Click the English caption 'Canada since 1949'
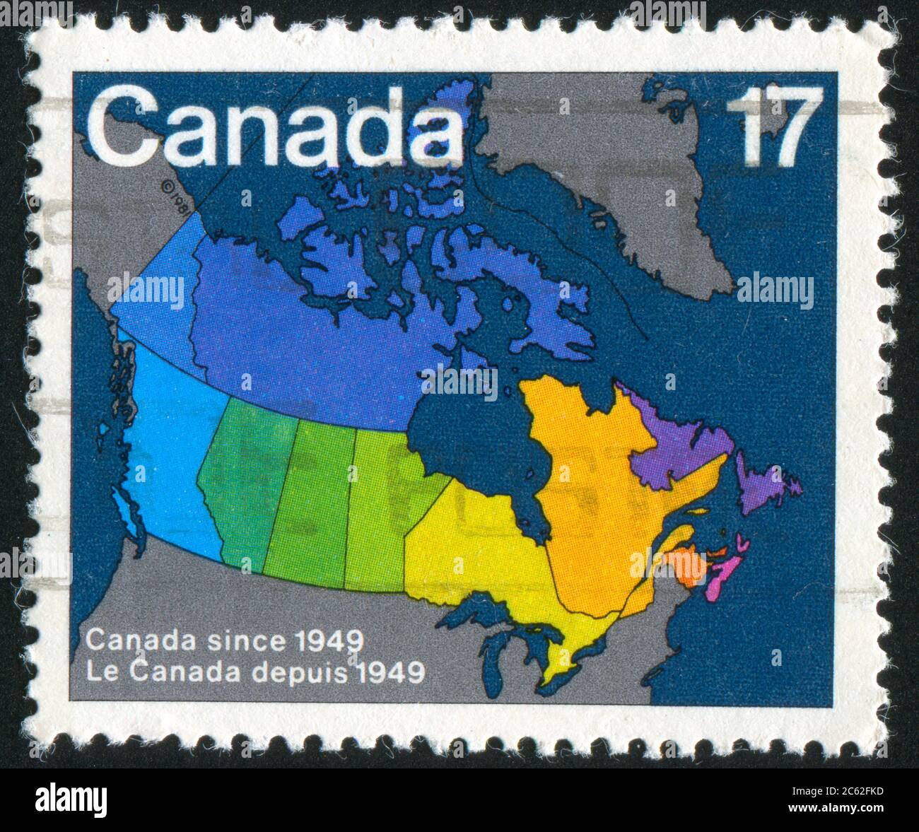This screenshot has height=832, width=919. [x=225, y=641]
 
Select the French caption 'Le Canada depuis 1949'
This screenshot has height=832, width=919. [x=254, y=672]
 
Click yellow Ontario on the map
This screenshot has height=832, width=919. [x=481, y=551]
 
